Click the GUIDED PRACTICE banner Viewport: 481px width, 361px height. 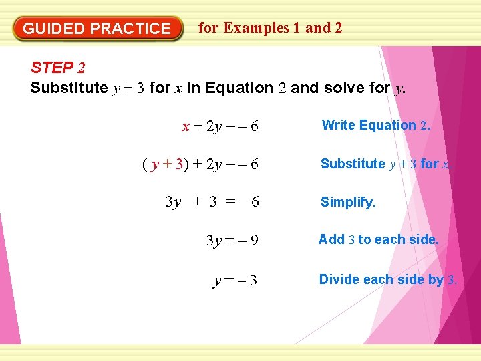coord(98,29)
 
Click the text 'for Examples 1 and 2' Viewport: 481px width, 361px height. coord(271,28)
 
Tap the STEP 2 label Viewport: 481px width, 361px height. coord(58,68)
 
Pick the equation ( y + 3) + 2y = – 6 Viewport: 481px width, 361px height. coord(200,164)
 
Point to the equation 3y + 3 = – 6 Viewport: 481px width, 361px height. coord(212,202)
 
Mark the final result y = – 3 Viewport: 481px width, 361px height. coord(235,281)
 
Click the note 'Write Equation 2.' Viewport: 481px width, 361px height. coord(376,125)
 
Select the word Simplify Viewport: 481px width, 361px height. coord(348,202)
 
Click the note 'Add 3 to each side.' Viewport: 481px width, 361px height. coord(379,239)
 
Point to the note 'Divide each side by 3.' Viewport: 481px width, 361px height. coord(388,279)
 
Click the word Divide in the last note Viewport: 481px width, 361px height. coord(338,279)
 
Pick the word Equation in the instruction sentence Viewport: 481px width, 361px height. coord(239,88)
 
